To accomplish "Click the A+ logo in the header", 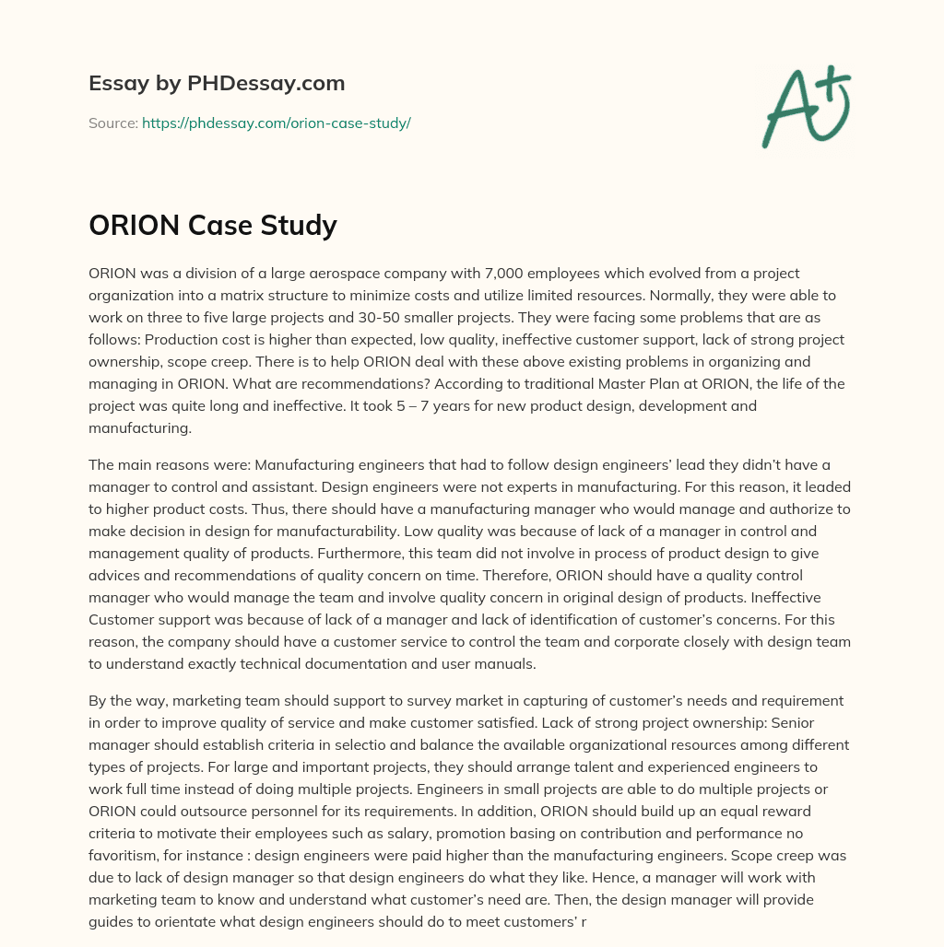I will [806, 108].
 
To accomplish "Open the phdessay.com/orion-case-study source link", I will [276, 123].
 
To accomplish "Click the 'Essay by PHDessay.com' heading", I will [217, 84].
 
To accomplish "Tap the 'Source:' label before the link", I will [113, 123].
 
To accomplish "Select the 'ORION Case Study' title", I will [213, 225].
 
